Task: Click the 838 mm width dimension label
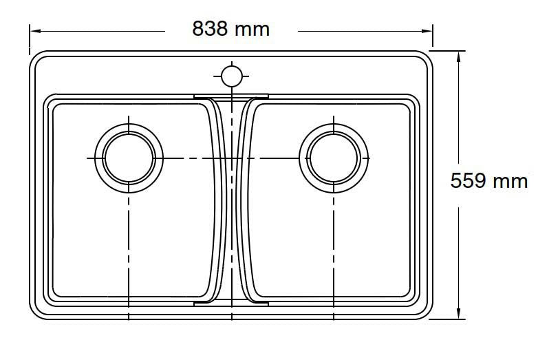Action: [230, 28]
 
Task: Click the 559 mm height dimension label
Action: [488, 181]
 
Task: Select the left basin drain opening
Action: [129, 158]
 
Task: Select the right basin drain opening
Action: [334, 158]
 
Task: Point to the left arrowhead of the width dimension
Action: [36, 31]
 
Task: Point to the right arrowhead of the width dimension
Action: [427, 31]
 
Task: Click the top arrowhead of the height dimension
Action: [458, 57]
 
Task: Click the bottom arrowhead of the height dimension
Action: [458, 313]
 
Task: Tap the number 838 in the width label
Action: [210, 28]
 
